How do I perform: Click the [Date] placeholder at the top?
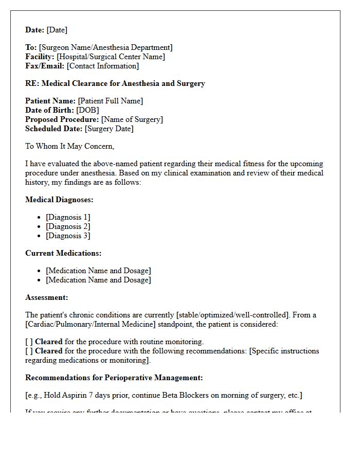(57, 30)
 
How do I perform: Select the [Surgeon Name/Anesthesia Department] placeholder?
(105, 47)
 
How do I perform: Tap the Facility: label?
(40, 57)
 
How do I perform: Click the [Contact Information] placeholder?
(102, 66)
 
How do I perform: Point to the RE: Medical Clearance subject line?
(115, 83)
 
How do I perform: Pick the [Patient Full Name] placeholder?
(110, 101)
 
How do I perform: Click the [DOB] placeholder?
(87, 110)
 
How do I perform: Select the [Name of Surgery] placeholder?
(132, 119)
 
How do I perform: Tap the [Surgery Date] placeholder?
(109, 129)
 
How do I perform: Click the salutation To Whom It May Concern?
(69, 146)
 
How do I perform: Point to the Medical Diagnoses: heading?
(59, 200)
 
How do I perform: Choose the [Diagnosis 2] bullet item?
(68, 226)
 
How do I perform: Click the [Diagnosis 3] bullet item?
(68, 236)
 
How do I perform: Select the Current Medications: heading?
(63, 253)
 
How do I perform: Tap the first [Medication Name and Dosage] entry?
(98, 271)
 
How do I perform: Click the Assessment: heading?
(47, 297)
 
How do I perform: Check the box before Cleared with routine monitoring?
(29, 342)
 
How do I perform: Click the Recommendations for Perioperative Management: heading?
(114, 378)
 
